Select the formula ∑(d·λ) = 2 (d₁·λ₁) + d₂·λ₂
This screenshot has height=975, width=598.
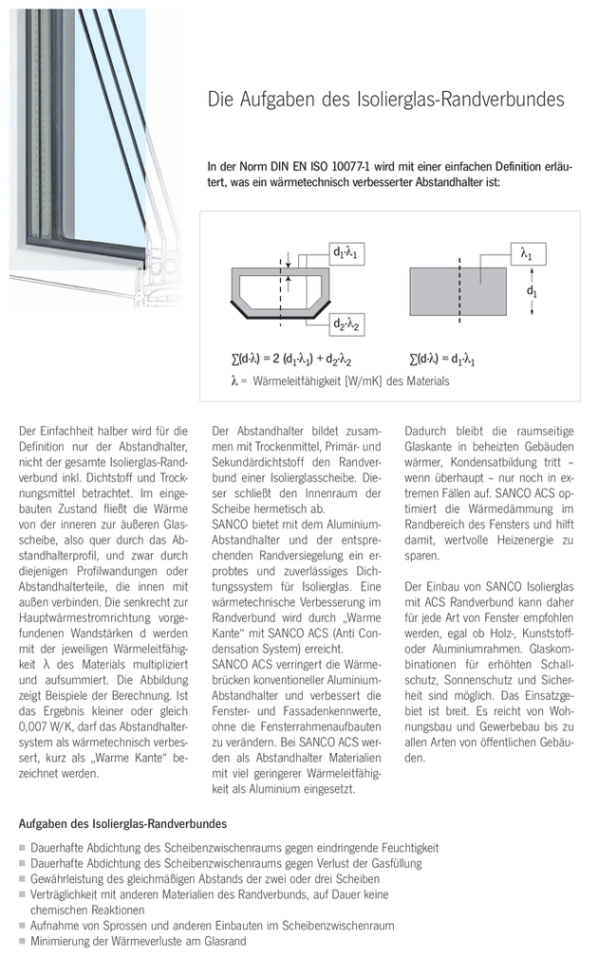[x=291, y=361]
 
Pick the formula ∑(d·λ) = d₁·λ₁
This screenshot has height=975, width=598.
[x=442, y=361]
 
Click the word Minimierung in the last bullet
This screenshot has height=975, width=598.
[x=62, y=941]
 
